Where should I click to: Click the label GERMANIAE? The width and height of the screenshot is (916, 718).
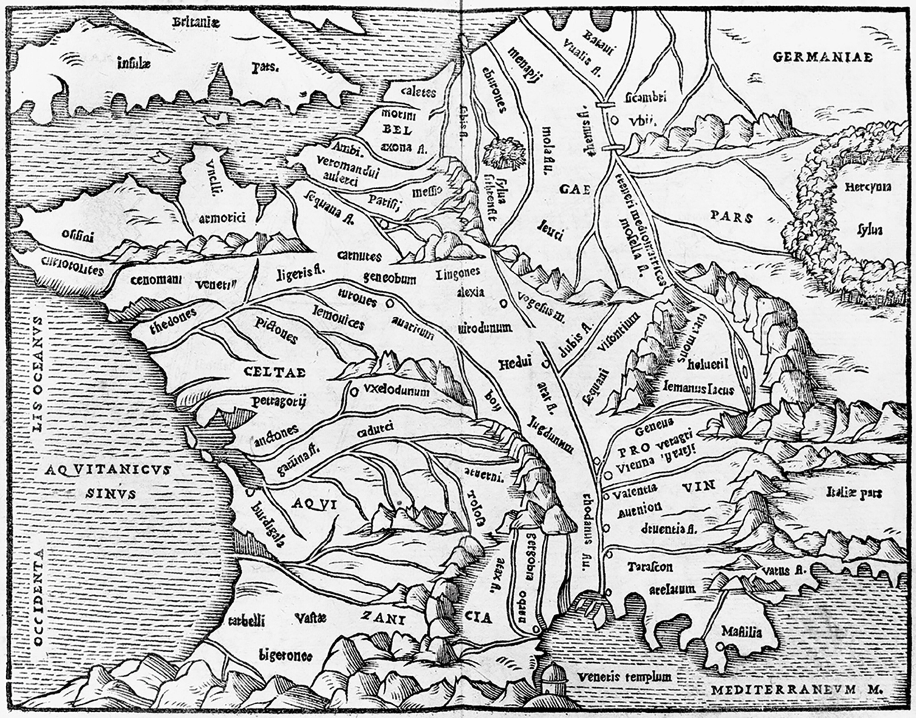click(x=822, y=57)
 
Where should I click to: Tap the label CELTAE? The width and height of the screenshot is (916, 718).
click(x=275, y=372)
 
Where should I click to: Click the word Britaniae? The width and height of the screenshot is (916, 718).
click(x=196, y=23)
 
